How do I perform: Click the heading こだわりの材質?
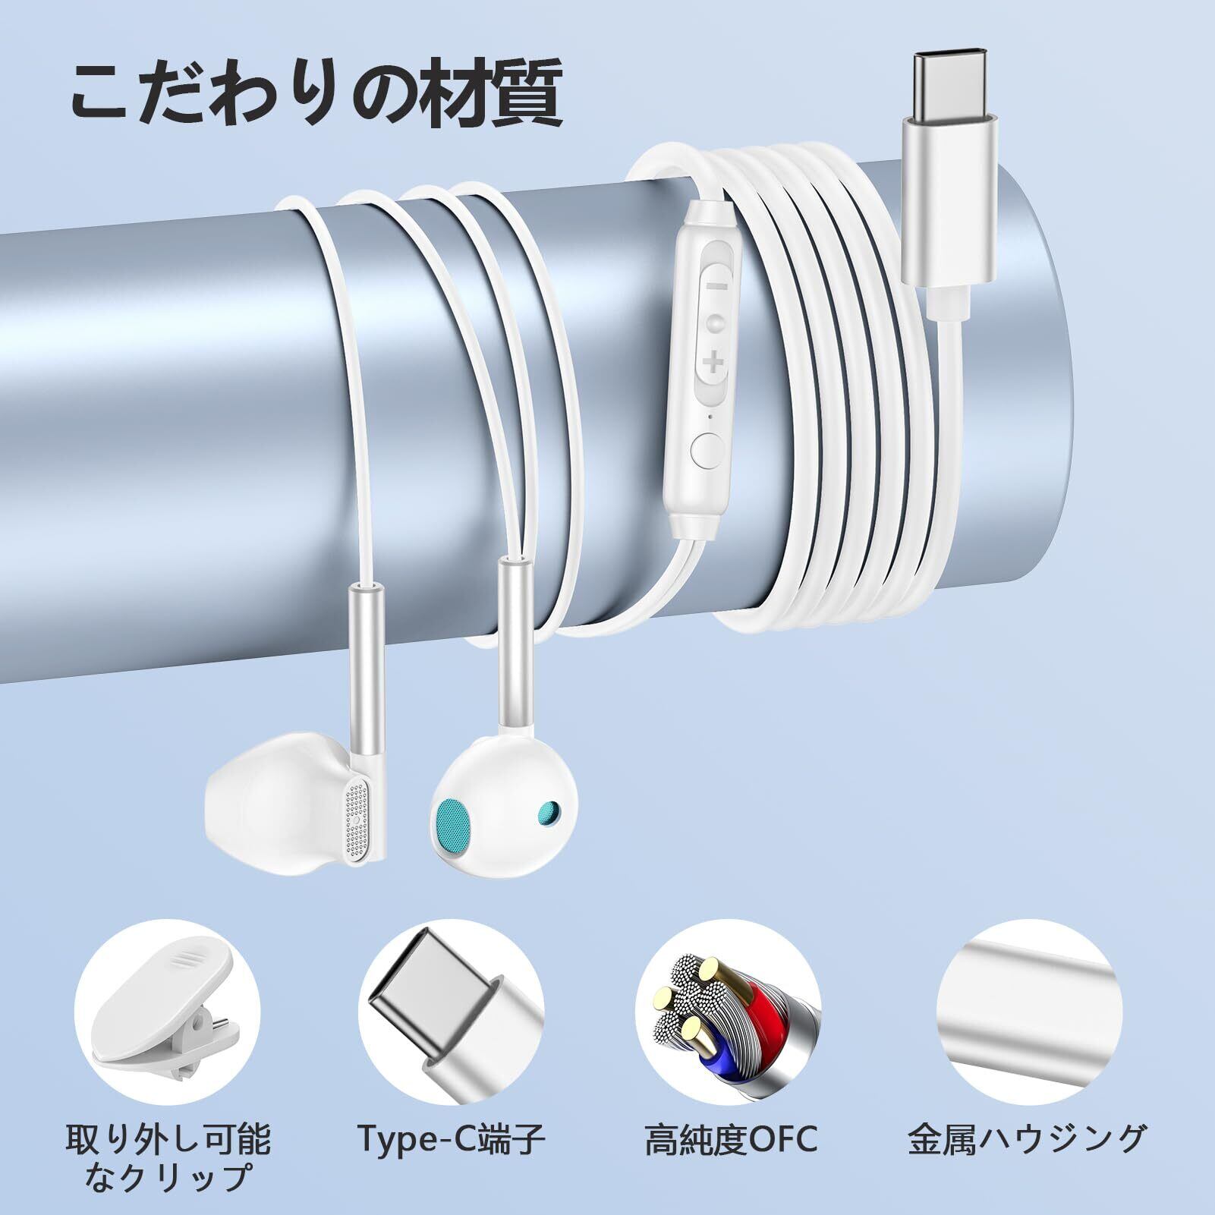click(316, 96)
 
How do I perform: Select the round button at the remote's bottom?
click(707, 451)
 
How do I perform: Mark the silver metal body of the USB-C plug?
click(949, 205)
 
